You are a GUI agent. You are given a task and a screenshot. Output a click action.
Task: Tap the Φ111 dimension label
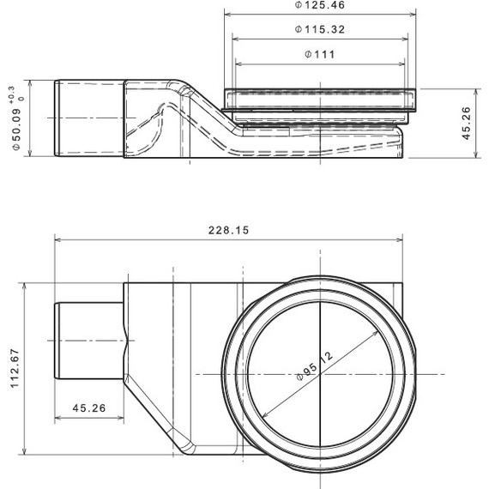click(x=319, y=54)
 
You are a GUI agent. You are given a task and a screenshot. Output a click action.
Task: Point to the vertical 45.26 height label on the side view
click(x=464, y=122)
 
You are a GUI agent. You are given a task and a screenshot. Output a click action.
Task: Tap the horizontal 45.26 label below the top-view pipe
click(x=89, y=408)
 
